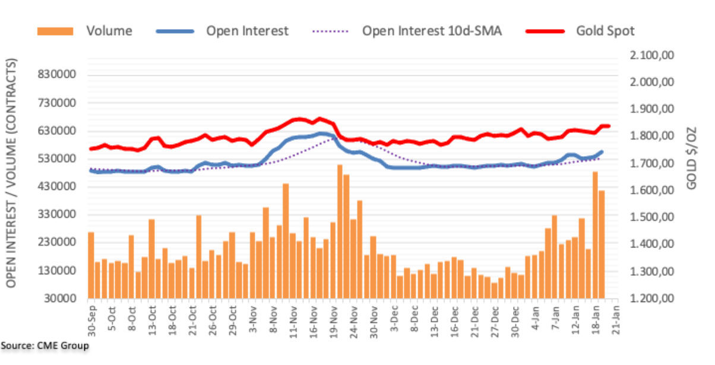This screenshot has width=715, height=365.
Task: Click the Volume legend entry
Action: (109, 31)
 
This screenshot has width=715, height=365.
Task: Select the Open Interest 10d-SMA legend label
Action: (432, 31)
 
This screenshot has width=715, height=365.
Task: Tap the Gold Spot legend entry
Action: (605, 31)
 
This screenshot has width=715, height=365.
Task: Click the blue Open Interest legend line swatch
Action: (176, 31)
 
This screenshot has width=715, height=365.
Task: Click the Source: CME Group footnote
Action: (45, 345)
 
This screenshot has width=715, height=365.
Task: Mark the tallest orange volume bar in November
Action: (340, 231)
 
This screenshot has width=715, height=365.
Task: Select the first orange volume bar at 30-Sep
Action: (91, 265)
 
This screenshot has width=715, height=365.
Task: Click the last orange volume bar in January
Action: (601, 244)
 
